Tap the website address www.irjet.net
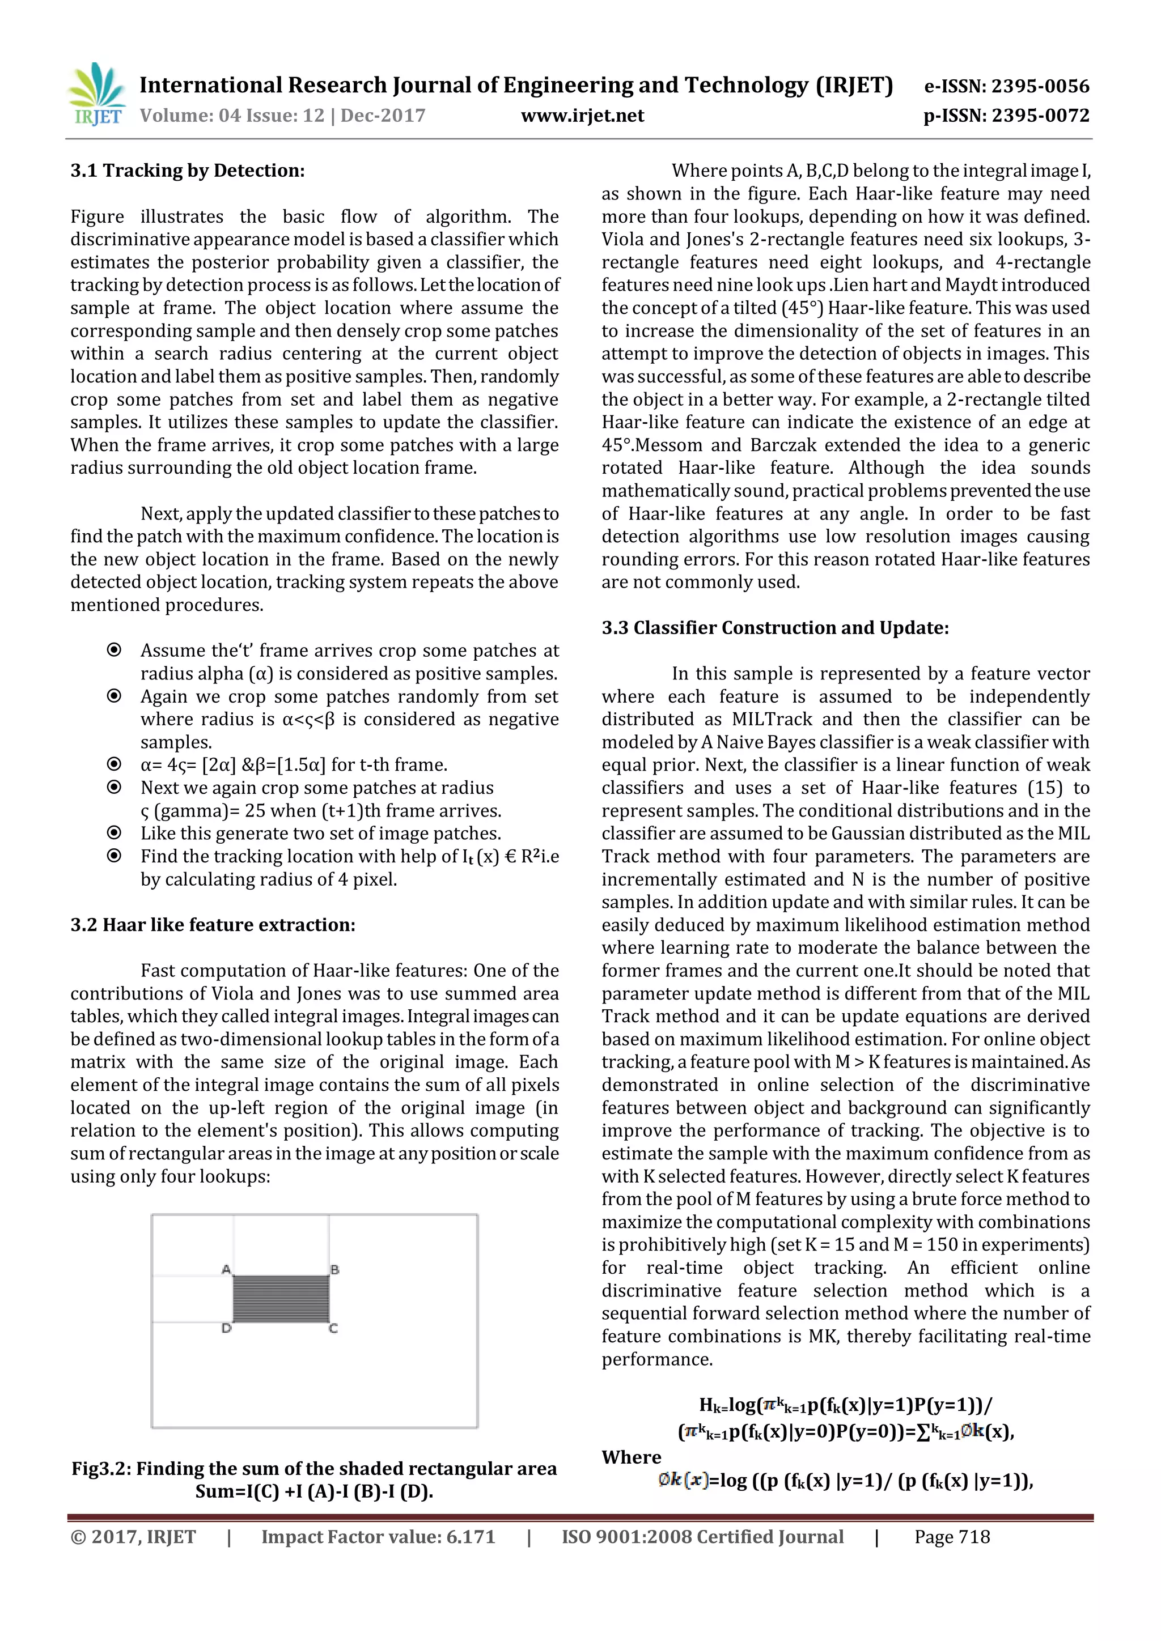tap(582, 116)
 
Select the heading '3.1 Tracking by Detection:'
tap(187, 171)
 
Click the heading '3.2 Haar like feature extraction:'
tap(213, 925)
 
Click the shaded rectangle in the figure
tap(281, 1299)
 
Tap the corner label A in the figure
tap(226, 1269)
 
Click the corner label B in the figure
tap(334, 1269)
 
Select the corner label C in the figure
tap(333, 1329)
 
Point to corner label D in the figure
tap(226, 1329)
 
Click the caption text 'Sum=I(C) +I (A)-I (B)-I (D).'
tap(314, 1491)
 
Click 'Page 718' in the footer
tap(952, 1537)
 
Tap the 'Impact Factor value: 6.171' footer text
tap(378, 1537)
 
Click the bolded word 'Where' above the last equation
tap(632, 1457)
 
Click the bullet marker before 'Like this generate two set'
tap(114, 832)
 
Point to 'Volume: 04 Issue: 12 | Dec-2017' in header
tap(282, 116)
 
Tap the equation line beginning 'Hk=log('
tap(845, 1405)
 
